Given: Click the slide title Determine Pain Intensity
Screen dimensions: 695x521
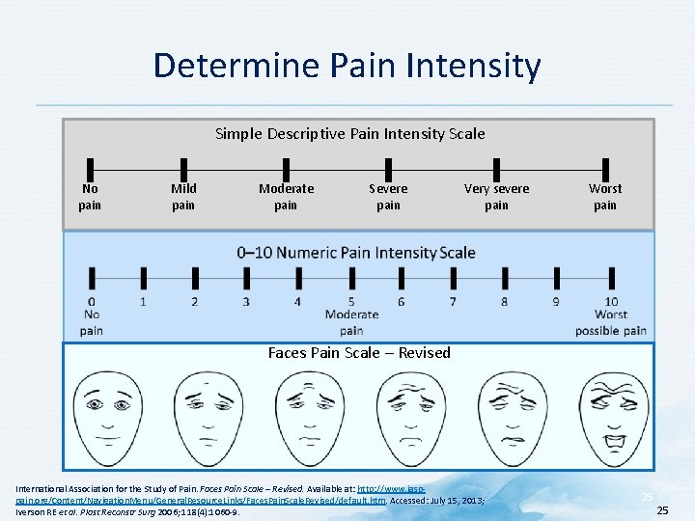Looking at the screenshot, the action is tap(347, 66).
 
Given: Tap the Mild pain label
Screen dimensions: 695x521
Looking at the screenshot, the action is tap(183, 197).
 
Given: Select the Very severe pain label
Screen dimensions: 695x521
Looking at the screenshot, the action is tap(496, 197).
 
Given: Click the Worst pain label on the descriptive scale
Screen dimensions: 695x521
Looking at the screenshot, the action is tap(605, 197).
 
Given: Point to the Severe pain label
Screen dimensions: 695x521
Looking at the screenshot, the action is tap(388, 197).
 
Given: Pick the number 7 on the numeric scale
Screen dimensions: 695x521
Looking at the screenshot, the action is tap(453, 302).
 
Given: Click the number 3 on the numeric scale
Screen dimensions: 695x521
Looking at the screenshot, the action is tap(246, 302).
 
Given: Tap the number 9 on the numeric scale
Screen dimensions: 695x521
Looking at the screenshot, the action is tap(556, 302).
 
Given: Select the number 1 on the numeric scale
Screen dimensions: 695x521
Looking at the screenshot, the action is tap(143, 302).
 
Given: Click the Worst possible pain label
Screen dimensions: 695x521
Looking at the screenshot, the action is tap(611, 323).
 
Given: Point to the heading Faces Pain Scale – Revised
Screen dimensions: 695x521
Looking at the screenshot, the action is tap(359, 353).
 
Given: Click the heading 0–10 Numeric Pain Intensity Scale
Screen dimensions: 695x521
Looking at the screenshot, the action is tap(356, 253).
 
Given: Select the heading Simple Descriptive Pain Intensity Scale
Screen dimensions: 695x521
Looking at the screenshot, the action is tap(349, 133).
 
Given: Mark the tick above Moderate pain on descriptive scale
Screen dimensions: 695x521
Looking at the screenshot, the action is tap(286, 167).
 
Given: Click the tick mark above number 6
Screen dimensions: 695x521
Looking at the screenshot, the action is tap(402, 279).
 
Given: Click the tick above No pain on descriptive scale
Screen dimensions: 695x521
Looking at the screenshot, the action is tap(90, 167).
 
